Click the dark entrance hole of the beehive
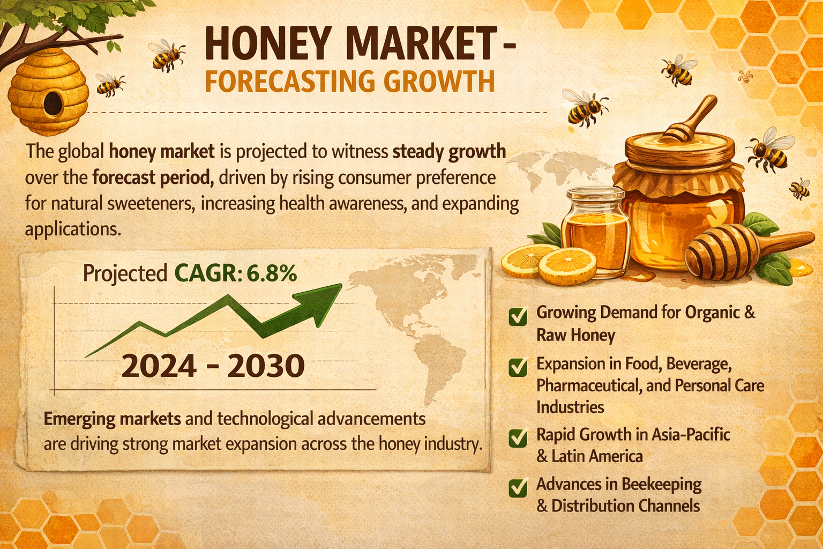click(x=53, y=103)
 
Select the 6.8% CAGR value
click(x=272, y=273)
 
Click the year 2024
click(x=159, y=366)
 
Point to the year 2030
click(x=266, y=366)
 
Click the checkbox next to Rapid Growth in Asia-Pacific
click(x=518, y=437)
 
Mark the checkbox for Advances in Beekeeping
click(x=518, y=488)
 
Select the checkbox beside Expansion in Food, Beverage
click(x=518, y=367)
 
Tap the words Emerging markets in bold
click(x=112, y=419)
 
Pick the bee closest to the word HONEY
click(x=167, y=55)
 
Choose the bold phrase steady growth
click(x=449, y=152)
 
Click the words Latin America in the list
click(x=597, y=456)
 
